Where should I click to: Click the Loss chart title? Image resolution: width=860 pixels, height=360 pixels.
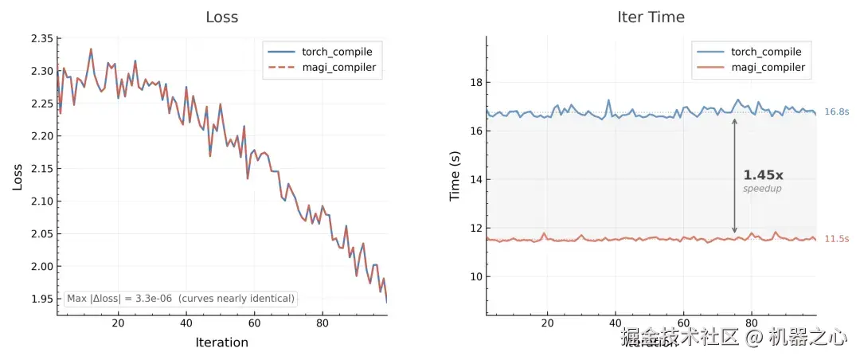(x=221, y=17)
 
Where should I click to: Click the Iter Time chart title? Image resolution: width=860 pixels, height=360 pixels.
(x=651, y=17)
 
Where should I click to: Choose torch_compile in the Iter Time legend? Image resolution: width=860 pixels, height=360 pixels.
(x=760, y=52)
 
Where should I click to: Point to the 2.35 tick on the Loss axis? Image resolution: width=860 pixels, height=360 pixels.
(x=41, y=39)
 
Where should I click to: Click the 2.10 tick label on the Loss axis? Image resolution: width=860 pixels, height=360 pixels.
(x=41, y=202)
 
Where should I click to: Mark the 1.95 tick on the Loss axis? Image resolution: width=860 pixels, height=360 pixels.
(x=41, y=299)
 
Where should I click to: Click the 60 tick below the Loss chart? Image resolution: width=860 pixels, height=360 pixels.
(x=254, y=323)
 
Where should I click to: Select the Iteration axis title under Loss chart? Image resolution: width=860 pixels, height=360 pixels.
(x=221, y=342)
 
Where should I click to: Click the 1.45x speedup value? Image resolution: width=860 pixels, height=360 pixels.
(x=763, y=175)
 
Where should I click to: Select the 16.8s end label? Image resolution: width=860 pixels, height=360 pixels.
(x=837, y=112)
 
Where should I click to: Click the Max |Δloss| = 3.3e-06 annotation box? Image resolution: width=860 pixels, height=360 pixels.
(x=182, y=299)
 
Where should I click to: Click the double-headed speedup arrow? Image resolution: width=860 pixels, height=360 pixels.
(x=734, y=175)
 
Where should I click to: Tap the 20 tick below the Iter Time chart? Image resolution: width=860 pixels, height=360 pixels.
(x=547, y=323)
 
